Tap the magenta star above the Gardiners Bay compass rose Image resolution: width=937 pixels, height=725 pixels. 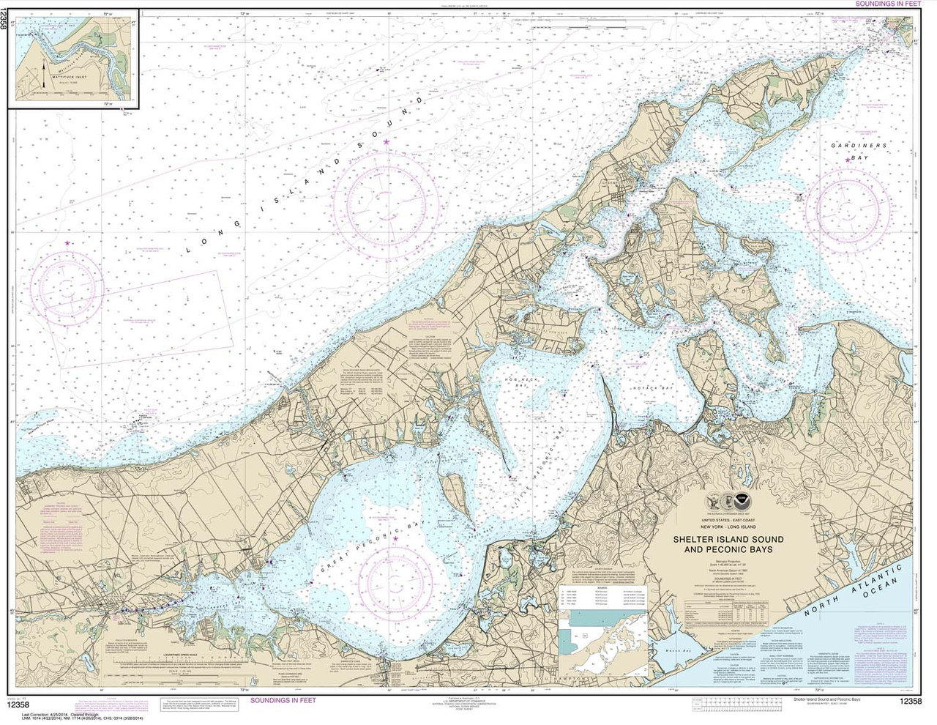848,159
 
